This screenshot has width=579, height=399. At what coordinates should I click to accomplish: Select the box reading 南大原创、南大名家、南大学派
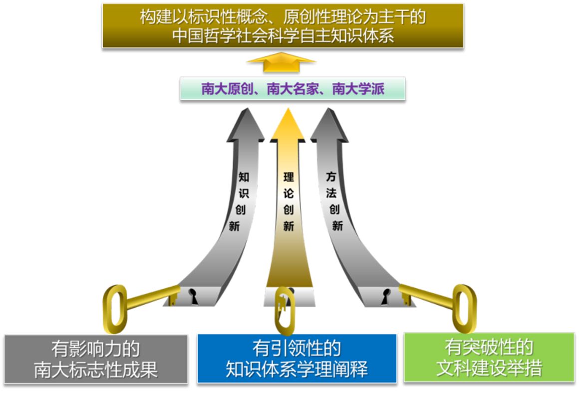(292, 89)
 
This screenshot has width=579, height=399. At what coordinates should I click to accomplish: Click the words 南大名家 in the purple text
(292, 89)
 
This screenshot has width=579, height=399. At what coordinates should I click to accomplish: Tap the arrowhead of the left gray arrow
(246, 125)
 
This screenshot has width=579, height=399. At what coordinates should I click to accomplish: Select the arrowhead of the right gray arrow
(329, 125)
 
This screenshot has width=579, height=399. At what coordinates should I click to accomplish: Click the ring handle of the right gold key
(464, 307)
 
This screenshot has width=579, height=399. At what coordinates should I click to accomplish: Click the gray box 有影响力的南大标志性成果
(96, 359)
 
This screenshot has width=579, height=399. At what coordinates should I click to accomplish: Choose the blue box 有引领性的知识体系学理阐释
(297, 359)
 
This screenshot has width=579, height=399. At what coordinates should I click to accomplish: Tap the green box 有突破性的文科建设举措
(489, 358)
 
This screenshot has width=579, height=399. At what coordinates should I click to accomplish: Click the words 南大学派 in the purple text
(358, 89)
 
